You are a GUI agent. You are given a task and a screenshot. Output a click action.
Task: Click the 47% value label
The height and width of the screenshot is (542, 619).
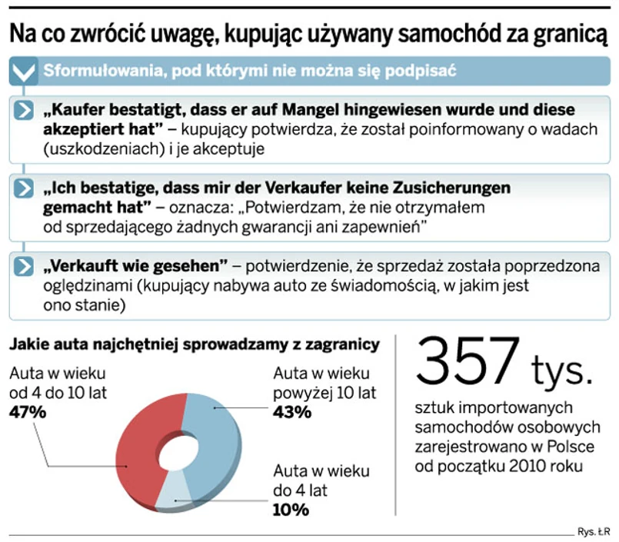[28, 412]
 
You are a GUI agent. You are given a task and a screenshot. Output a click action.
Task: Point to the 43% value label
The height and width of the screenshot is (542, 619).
[292, 412]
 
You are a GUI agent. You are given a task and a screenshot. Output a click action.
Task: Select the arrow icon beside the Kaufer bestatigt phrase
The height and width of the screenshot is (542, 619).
[25, 110]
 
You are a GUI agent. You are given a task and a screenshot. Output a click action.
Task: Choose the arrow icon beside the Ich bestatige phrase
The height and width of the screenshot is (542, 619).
[25, 188]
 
